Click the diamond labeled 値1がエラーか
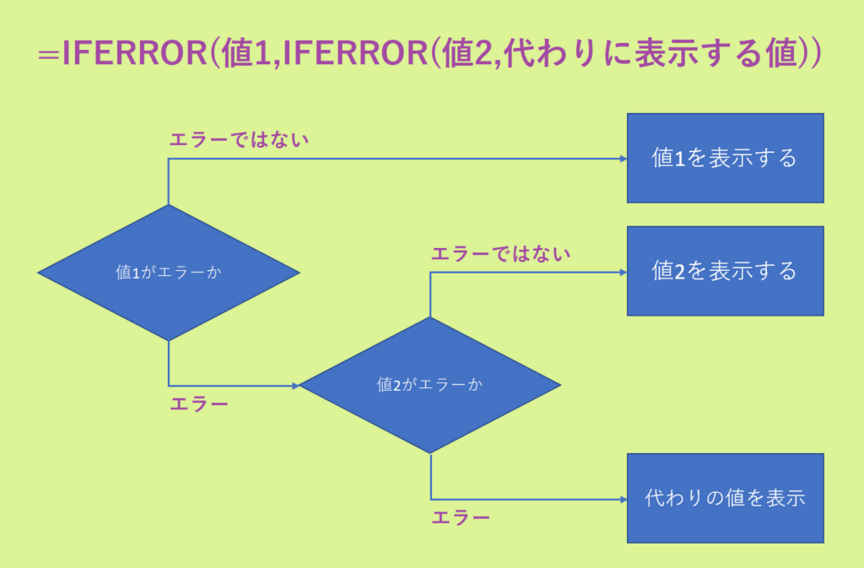coord(169,273)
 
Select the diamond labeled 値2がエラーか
coord(430,385)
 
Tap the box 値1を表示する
coord(725,158)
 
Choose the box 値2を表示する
coord(725,271)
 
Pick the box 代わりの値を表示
coord(725,498)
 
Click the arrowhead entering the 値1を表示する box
coord(623,159)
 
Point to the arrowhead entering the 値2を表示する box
coord(623,272)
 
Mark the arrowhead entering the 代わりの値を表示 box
coord(623,498)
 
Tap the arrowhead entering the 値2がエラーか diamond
coord(295,386)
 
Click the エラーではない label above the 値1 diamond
coord(240,139)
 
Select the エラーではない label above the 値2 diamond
coord(501,253)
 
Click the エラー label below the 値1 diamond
coord(199,404)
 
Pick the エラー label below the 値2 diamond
coord(461,517)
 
